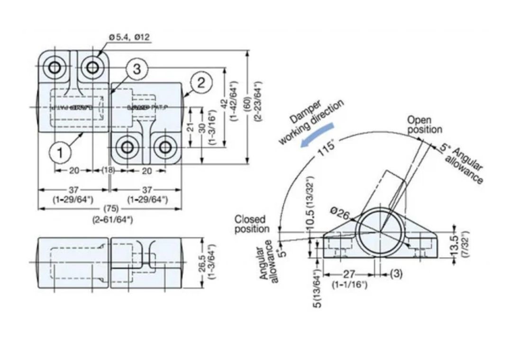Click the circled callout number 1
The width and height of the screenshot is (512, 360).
(60, 153)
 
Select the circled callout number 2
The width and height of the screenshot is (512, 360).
(201, 83)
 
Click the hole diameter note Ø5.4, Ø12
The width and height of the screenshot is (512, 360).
(129, 37)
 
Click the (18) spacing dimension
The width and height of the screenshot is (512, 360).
(108, 170)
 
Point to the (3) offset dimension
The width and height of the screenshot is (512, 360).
(396, 274)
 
